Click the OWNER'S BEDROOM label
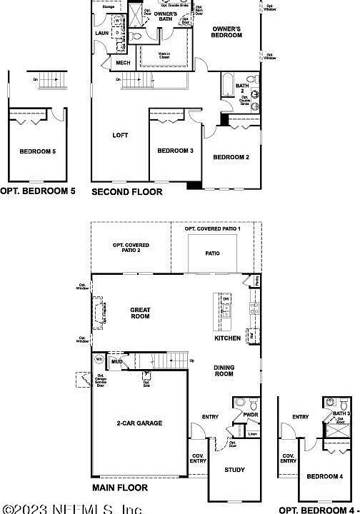click(226, 31)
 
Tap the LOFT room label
click(120, 135)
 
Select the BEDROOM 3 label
click(175, 151)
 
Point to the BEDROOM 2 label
click(231, 157)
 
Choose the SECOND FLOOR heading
click(126, 191)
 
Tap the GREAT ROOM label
click(140, 313)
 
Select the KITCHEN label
click(228, 338)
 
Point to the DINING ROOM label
click(224, 371)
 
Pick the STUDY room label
click(234, 470)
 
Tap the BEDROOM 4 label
click(325, 476)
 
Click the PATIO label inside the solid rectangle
click(213, 253)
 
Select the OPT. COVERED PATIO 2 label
click(131, 248)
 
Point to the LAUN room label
click(101, 33)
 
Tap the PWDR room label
click(251, 413)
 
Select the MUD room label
click(116, 363)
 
